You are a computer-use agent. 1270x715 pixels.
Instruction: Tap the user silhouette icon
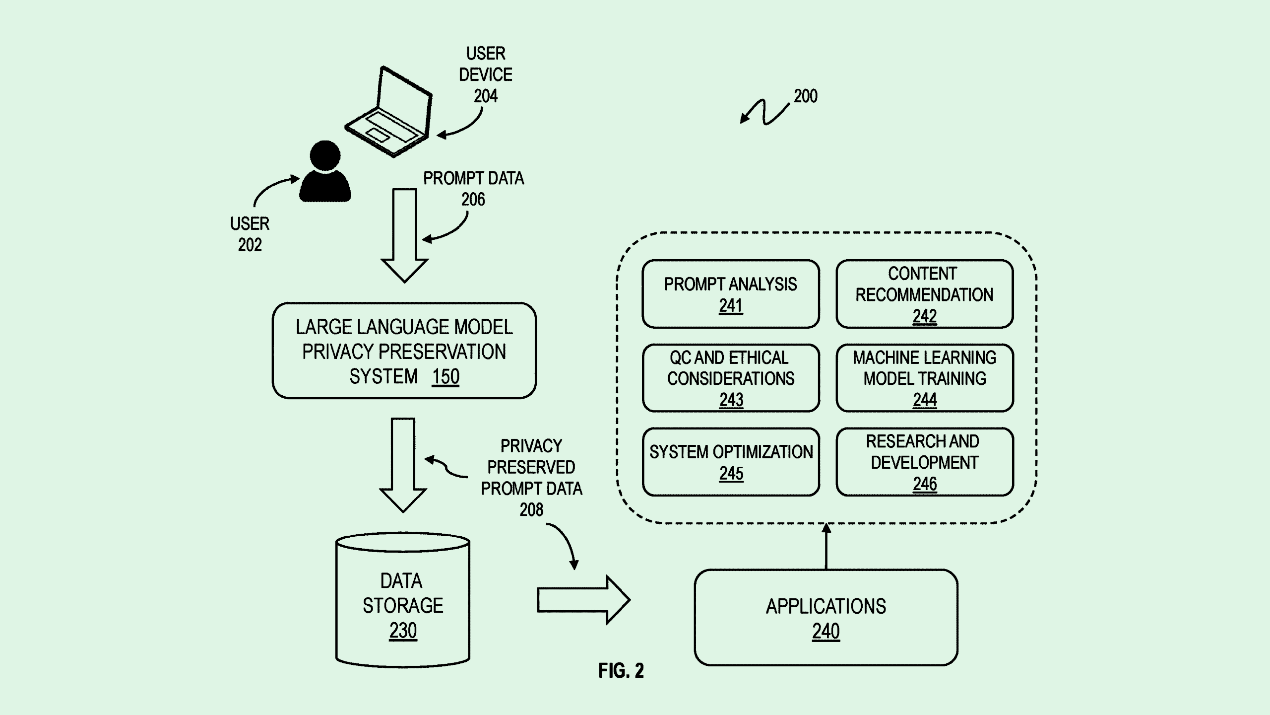(325, 172)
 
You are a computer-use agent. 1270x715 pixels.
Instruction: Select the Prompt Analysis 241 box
(730, 294)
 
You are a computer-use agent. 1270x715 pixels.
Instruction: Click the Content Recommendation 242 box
(924, 294)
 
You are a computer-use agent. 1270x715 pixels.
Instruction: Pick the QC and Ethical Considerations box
(730, 378)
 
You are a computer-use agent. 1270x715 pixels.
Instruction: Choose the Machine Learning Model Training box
(924, 378)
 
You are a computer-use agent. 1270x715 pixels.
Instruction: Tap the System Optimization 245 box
(730, 462)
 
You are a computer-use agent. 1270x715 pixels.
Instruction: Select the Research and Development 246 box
(924, 462)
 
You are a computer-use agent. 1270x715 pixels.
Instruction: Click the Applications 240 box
(825, 617)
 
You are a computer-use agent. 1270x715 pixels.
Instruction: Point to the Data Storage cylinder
(403, 600)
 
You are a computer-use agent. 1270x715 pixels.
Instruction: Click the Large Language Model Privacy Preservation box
(404, 351)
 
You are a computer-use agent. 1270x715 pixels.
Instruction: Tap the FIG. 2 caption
(621, 671)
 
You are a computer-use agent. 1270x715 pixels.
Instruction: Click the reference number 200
(805, 96)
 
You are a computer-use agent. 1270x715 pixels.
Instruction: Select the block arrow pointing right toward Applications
(583, 600)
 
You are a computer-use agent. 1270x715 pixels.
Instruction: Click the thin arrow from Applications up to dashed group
(826, 547)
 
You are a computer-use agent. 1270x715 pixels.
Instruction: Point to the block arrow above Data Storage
(403, 464)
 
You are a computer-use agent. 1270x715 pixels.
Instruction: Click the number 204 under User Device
(485, 96)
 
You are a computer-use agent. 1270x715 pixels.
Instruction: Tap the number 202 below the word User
(250, 245)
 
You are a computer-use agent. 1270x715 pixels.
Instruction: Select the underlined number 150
(445, 377)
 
